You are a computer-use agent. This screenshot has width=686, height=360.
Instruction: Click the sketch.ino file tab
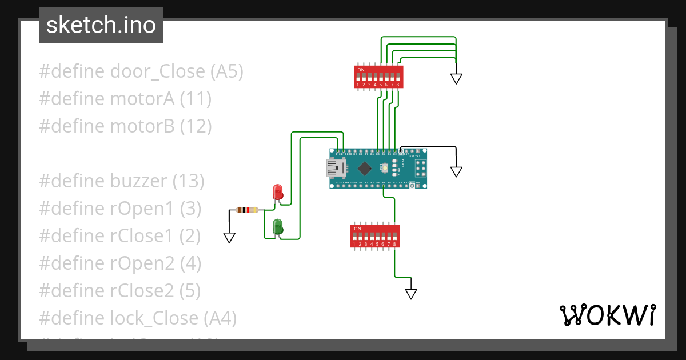101,25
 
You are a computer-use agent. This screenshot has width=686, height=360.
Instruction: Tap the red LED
278,191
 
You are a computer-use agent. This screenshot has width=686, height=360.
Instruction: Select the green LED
278,226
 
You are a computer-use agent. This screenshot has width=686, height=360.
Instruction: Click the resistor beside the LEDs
246,210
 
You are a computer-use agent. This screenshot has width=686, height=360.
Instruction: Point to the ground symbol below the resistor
229,238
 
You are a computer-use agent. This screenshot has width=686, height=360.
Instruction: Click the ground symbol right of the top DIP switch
456,79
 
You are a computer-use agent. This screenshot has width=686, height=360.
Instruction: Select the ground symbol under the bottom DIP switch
411,294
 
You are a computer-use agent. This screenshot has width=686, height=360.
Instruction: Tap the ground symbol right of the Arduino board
456,171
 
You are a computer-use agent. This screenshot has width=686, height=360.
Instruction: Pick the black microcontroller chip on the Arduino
364,169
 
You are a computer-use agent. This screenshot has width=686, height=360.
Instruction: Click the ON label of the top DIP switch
361,70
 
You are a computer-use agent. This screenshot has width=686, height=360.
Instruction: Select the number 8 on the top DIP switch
398,85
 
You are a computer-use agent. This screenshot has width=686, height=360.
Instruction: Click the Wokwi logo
607,315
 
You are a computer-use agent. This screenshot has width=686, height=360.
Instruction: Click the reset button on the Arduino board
386,168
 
